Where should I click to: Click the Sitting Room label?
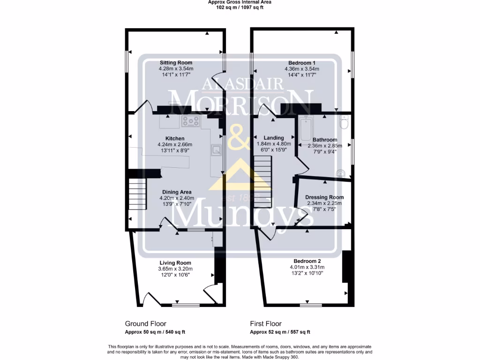tap(176, 63)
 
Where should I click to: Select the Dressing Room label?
tap(324, 197)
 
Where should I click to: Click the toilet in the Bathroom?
tap(345, 123)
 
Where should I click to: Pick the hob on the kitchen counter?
tap(191, 121)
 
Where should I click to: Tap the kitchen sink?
tap(217, 150)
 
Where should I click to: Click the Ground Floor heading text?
tap(145, 324)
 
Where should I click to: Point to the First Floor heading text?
tap(266, 324)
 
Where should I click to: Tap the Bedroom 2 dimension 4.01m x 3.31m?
tap(307, 267)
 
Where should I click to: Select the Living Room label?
tap(175, 263)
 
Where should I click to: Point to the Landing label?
tap(274, 138)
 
